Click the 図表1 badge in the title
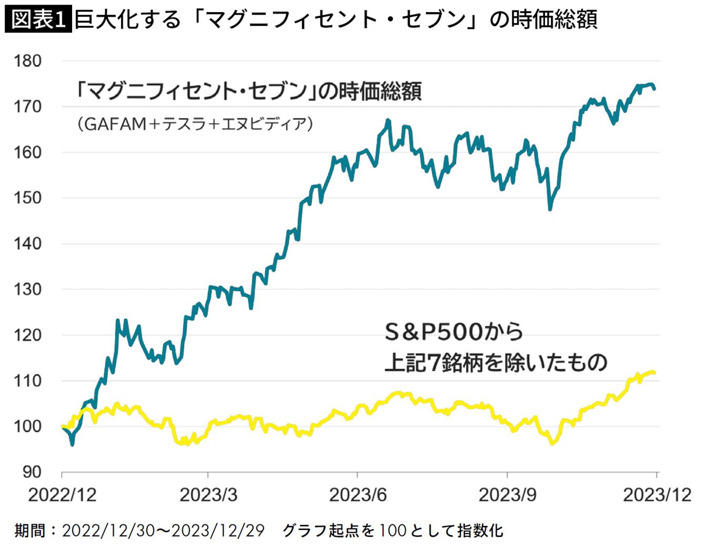38,20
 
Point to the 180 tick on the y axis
28,61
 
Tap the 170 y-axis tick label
28,107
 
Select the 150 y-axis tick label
28,198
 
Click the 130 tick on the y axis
28,289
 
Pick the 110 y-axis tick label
28,381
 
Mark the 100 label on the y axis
28,426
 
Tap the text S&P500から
454,332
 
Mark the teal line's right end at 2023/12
654,89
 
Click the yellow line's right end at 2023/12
654,373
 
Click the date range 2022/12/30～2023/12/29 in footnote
163,531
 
